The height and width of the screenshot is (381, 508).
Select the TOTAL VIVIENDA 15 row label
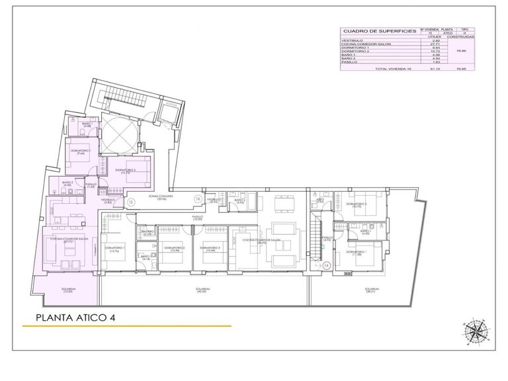(392, 69)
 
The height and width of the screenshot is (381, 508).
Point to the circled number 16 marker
(196, 198)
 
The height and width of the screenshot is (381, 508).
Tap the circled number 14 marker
(327, 265)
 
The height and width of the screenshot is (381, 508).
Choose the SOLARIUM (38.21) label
(372, 290)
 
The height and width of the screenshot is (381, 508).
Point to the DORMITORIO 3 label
(210, 248)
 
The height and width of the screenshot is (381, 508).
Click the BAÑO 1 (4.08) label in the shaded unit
(87, 125)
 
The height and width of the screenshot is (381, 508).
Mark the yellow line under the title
(132, 327)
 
